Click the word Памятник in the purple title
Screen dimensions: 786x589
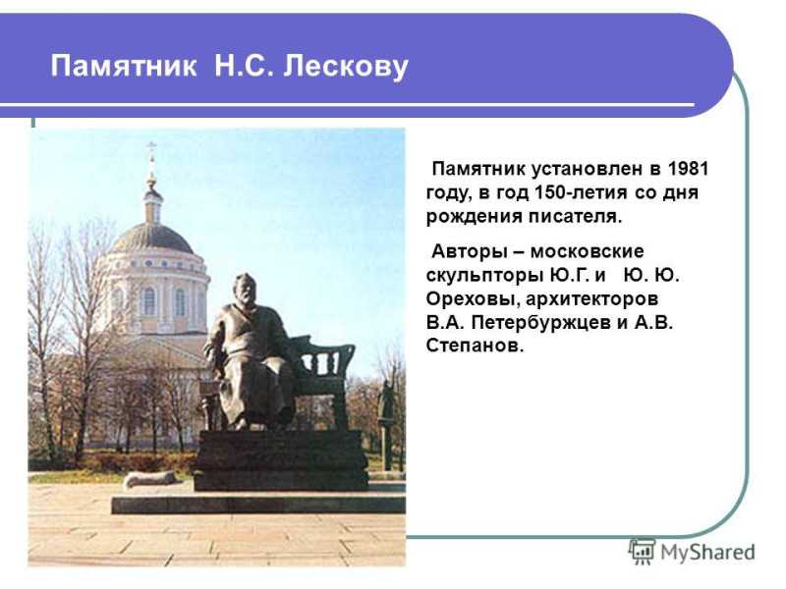point(124,66)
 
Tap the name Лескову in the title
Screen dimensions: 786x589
point(346,67)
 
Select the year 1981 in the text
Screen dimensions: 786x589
point(688,169)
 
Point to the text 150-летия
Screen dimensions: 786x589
point(581,192)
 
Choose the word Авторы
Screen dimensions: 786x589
point(470,251)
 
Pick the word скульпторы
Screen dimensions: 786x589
point(482,276)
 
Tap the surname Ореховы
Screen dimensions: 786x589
point(471,299)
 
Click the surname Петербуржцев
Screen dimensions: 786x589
point(542,323)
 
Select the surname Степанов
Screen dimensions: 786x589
point(475,346)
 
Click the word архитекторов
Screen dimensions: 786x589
point(592,299)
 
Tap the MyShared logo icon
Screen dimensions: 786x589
point(642,552)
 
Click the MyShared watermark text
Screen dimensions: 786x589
point(707,553)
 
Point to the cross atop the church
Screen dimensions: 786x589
point(151,148)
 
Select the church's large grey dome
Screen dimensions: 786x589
point(151,239)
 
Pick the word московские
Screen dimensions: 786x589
point(587,251)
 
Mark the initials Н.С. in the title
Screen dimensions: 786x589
point(244,66)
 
